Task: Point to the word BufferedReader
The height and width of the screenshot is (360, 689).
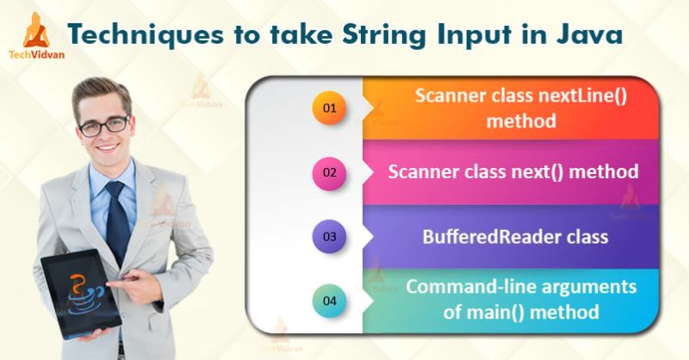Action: (490, 235)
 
